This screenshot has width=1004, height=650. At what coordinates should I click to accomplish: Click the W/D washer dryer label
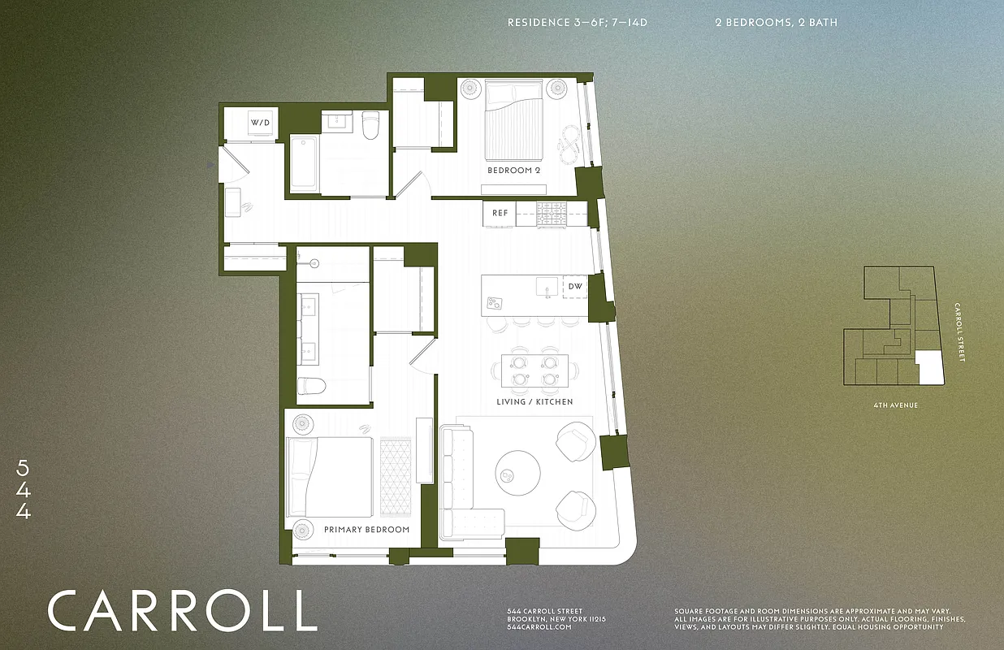pos(260,123)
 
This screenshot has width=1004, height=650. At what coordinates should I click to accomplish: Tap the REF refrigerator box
pos(500,214)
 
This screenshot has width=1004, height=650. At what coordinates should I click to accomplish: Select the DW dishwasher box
pos(575,287)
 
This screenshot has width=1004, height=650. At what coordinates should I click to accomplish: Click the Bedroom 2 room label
pos(513,171)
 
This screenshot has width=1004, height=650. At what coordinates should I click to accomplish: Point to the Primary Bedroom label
pos(366,530)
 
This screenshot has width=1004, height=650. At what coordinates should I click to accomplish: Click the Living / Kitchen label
pos(534,402)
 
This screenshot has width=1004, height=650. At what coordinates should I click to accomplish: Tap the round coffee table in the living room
pos(517,472)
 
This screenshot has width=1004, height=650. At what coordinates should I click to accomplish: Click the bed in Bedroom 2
pos(514,122)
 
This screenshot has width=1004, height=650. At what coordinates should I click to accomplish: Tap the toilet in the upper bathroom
pos(371,125)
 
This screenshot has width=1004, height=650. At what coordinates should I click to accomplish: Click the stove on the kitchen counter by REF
pos(552,214)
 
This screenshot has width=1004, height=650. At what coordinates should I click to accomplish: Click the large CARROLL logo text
pos(182,611)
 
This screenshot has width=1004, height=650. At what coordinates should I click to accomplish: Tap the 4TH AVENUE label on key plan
pos(897,405)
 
